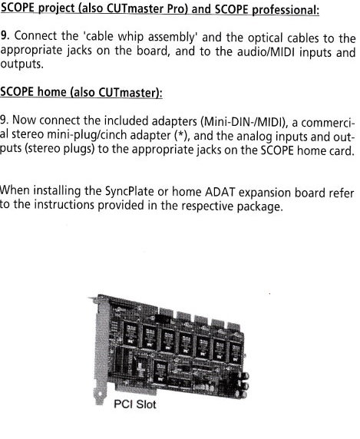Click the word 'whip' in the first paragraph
tap(130, 37)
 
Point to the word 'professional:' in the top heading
tap(286, 10)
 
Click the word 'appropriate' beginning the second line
tap(31, 51)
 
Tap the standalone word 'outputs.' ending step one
tap(21, 64)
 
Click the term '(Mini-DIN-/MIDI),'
tap(244, 122)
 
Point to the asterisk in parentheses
tap(180, 136)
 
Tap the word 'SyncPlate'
tap(129, 192)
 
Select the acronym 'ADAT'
tap(220, 192)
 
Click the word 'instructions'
tap(64, 204)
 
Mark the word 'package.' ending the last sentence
tap(259, 207)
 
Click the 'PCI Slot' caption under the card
tap(135, 404)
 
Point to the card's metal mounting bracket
tap(100, 350)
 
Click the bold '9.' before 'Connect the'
tap(5, 35)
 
